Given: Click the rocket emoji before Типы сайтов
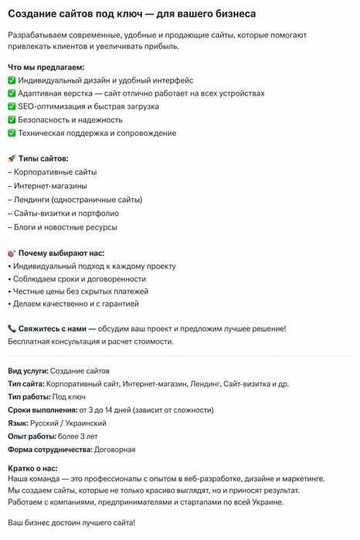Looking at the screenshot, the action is [x=12, y=158].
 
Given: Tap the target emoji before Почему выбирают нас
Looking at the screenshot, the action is [x=12, y=253].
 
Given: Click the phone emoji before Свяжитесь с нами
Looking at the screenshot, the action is [x=12, y=328].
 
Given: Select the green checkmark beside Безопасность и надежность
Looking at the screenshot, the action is [x=12, y=120].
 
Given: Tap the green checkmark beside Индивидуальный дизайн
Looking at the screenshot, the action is [x=12, y=80].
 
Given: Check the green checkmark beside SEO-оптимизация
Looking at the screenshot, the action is [x=12, y=107].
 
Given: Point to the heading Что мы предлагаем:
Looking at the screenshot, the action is [x=46, y=67].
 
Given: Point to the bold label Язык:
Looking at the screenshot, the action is [x=18, y=423].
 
